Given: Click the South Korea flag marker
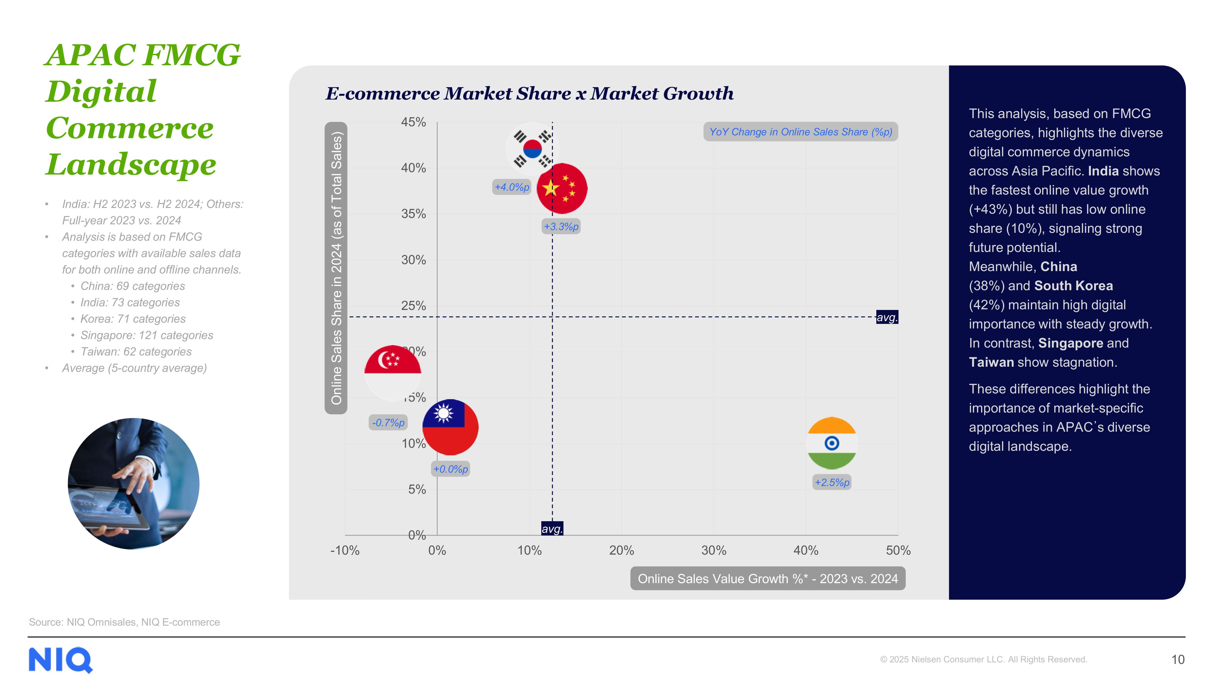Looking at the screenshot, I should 532,148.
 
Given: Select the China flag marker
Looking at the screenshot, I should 562,189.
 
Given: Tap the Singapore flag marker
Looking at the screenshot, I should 392,373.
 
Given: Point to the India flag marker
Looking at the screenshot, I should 832,443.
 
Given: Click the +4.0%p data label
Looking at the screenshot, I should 512,187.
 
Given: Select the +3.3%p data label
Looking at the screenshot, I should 561,227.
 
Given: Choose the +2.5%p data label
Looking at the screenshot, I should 832,483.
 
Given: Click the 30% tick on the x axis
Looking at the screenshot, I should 714,551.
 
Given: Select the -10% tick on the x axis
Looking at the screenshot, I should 345,551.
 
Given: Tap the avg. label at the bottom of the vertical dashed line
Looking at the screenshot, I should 552,529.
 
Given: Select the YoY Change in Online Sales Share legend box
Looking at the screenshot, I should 800,132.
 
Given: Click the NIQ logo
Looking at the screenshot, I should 60,660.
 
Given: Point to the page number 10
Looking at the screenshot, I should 1178,659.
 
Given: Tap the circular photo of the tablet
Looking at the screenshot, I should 133,484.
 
